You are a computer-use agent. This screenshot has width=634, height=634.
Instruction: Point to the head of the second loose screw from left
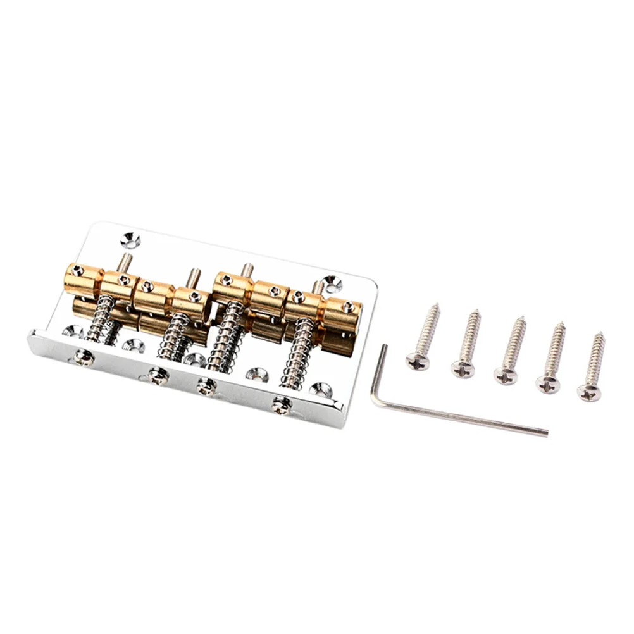point(463,368)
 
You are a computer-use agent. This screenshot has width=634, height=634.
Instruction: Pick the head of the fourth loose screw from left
point(549,382)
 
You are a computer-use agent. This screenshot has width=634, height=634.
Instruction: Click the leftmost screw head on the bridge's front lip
point(84,357)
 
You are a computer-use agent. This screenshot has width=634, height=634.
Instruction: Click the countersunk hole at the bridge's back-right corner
point(332,283)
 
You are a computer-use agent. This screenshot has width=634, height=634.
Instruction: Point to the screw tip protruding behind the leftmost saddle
point(127,261)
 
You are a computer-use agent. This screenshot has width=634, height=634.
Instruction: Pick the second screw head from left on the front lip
point(158,376)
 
